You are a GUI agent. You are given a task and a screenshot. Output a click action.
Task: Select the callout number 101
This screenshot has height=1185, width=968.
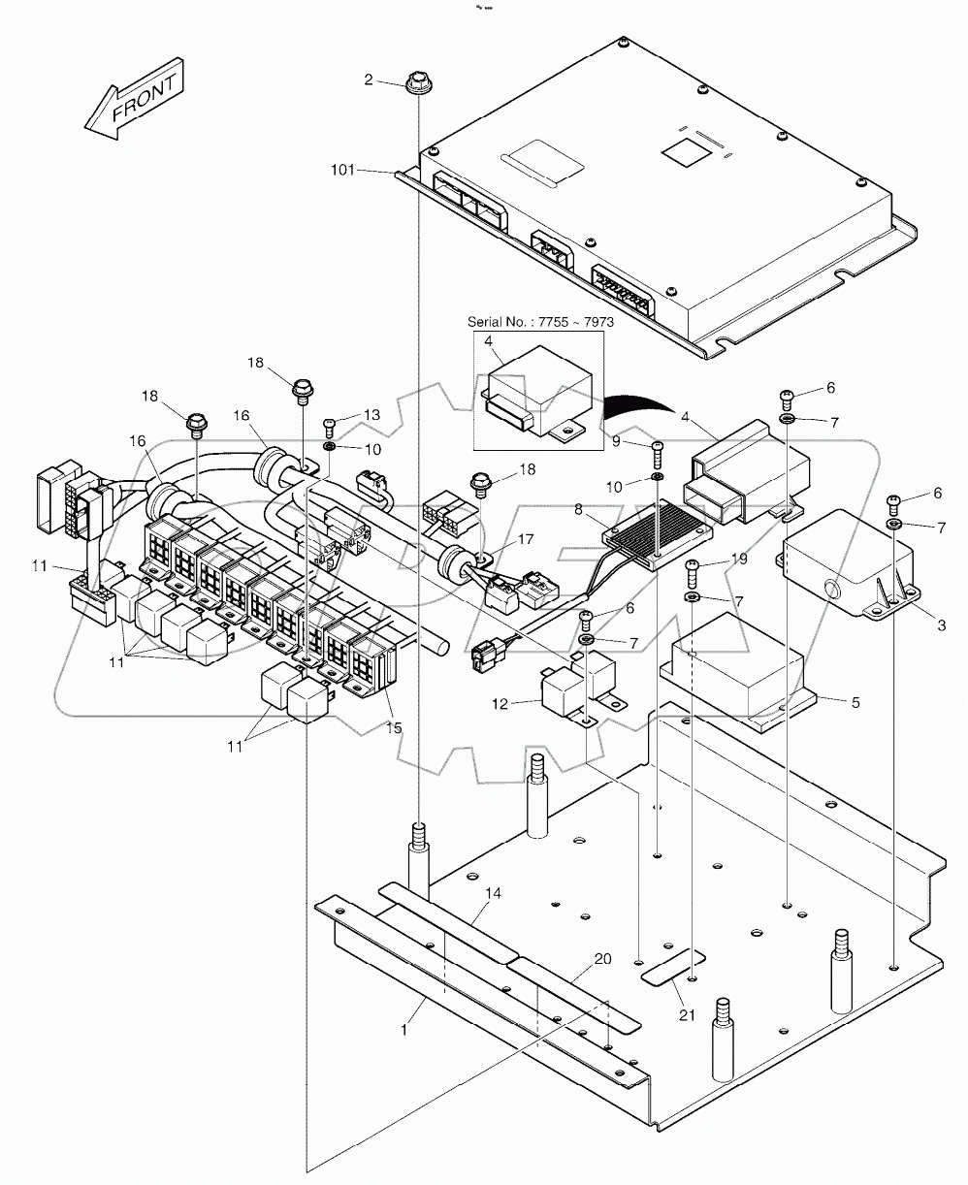click(x=341, y=171)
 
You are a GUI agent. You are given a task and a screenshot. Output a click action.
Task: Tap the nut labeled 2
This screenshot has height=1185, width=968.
click(x=418, y=81)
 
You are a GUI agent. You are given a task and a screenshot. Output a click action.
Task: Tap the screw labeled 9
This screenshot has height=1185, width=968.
click(x=659, y=449)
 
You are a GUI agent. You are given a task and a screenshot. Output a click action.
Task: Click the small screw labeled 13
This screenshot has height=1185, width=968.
click(x=329, y=424)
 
